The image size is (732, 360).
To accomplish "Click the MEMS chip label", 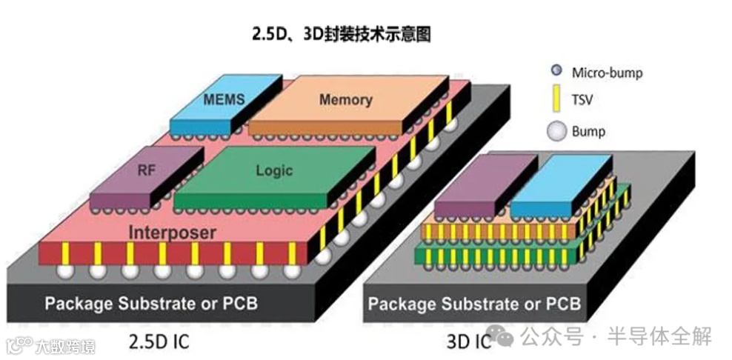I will click(223, 99).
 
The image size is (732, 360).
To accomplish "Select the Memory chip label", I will click(345, 99).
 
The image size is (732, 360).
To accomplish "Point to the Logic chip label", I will click(274, 170).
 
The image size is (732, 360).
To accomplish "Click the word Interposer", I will click(173, 232).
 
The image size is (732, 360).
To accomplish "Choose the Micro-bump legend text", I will click(607, 73).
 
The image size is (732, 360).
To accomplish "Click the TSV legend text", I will click(582, 100).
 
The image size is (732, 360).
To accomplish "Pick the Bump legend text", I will click(588, 132).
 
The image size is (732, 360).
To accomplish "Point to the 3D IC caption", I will click(468, 342).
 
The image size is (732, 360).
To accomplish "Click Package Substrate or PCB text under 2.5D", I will click(152, 303).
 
